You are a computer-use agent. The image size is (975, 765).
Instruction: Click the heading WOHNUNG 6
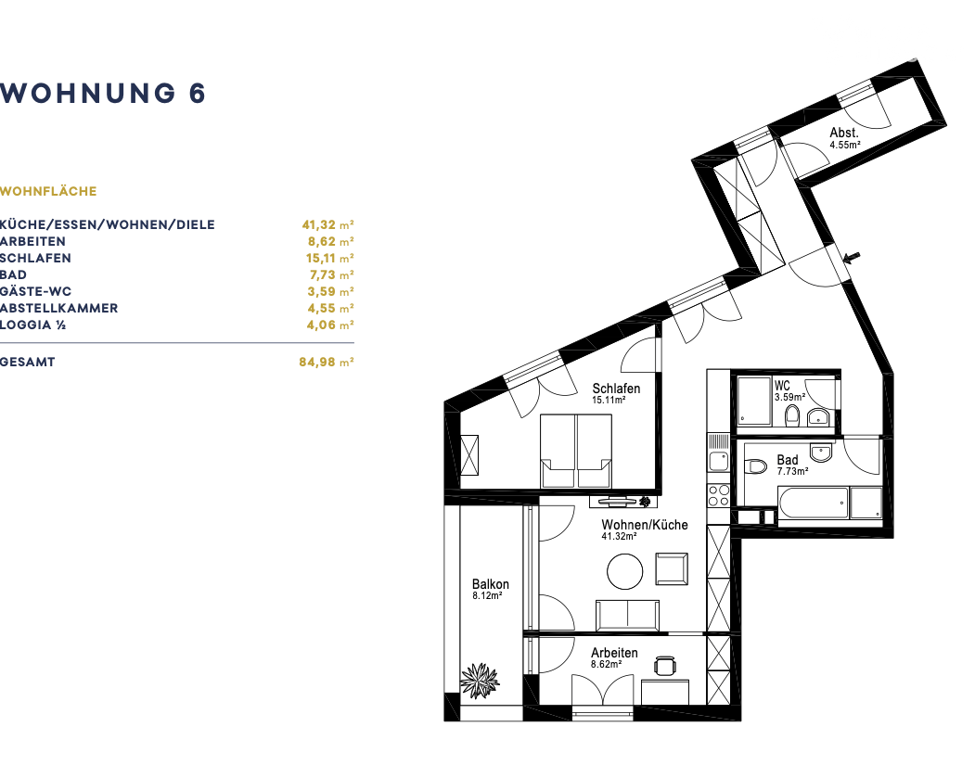pos(103,94)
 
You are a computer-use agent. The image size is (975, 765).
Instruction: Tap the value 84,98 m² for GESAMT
pos(327,362)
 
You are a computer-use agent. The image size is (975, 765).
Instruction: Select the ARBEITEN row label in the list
pos(33,241)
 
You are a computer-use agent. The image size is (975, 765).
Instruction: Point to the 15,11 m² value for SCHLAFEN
pos(329,258)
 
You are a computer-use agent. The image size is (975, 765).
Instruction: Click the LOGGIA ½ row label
pos(33,325)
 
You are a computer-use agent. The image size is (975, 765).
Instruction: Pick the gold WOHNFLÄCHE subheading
pos(48,191)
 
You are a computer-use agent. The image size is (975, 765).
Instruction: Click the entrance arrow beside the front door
pos(852,257)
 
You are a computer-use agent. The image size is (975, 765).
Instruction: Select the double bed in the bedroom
pos(576,451)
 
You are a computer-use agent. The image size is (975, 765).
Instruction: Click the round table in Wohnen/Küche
pos(625,571)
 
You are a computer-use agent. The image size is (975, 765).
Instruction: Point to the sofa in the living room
pos(627,615)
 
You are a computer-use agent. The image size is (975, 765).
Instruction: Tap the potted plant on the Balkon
pos(480,681)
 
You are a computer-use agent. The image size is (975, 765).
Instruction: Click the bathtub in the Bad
pos(813,503)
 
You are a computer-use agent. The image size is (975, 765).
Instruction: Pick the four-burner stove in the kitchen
pos(718,495)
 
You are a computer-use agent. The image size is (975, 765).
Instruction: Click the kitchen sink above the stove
pos(719,461)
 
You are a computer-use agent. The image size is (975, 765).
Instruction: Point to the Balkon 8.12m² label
pos(490,589)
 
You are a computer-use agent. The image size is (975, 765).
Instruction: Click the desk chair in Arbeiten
pos(665,666)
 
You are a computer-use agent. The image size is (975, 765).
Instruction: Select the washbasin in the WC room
pos(817,417)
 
